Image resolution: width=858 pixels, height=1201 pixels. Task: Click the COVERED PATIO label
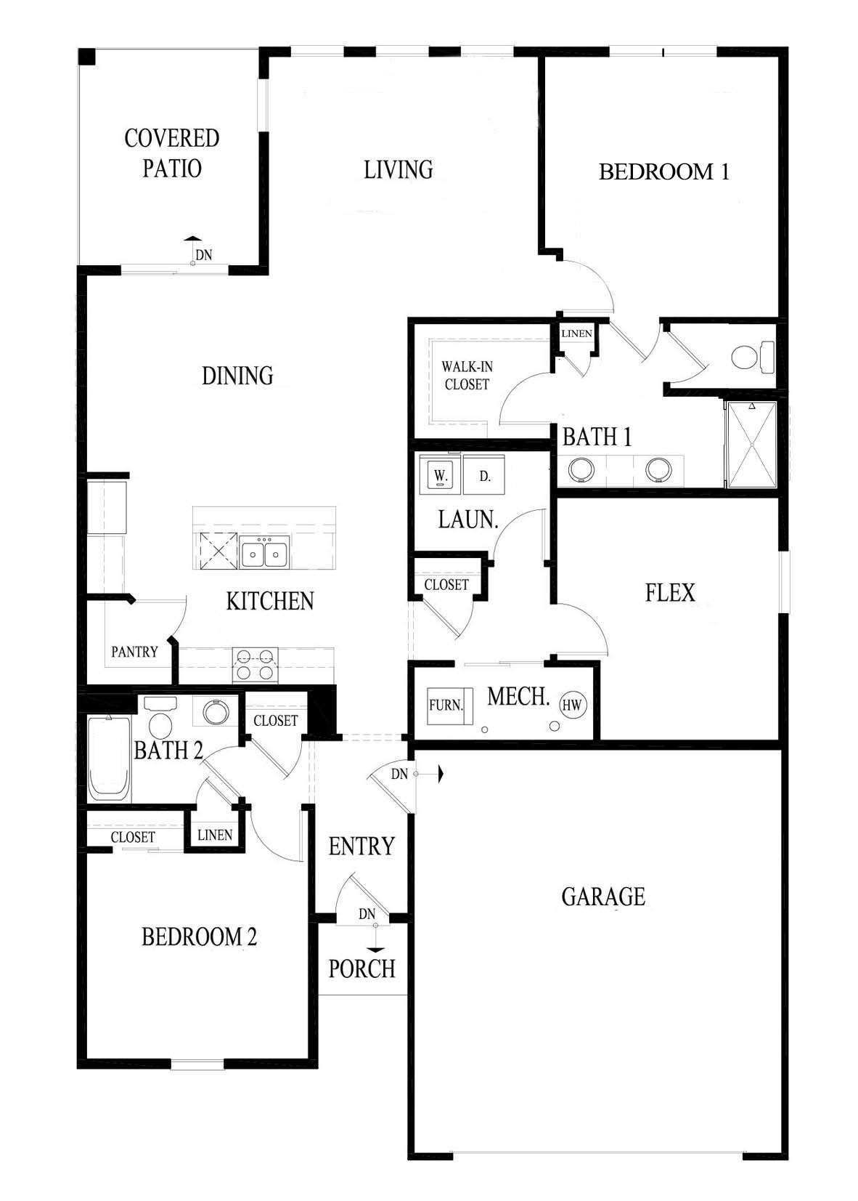pos(171,153)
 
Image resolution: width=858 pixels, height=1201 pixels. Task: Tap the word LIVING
pos(398,169)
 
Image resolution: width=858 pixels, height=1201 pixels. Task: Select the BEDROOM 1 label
pos(663,171)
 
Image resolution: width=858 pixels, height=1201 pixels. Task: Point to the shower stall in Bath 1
pos(751,443)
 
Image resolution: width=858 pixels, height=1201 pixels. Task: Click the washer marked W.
pos(440,476)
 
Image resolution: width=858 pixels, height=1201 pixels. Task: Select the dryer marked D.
pos(485,477)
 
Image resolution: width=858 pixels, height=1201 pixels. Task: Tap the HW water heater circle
pos(573,704)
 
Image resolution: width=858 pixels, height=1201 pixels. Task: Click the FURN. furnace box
pos(446,705)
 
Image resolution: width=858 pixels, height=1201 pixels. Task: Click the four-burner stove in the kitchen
pos(255,665)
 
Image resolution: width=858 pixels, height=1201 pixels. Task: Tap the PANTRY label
pos(134,652)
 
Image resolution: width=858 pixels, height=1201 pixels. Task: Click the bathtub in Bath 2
pos(110,758)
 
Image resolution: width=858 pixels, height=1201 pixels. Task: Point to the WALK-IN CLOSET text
pos(467,376)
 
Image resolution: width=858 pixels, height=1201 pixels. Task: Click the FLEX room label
pos(670,592)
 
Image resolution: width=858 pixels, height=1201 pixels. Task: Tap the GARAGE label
pos(602,896)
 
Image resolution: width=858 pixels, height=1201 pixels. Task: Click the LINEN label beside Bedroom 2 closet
pos(215,835)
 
